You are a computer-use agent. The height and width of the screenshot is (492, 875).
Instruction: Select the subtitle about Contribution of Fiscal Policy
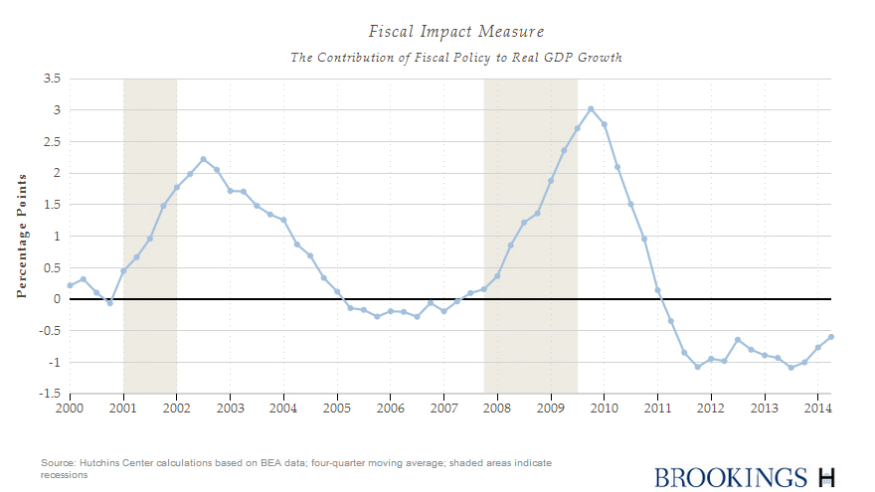(x=456, y=58)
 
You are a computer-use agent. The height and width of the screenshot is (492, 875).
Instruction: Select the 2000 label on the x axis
(x=70, y=409)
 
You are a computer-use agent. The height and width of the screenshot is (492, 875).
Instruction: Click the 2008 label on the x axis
(x=497, y=409)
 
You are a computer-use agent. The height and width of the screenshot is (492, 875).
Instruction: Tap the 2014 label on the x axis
(x=817, y=409)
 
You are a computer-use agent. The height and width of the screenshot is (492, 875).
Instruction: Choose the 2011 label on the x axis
(x=657, y=409)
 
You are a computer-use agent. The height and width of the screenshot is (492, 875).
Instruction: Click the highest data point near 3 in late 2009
(x=591, y=109)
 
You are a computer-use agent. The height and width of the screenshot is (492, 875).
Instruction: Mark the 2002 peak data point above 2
(x=203, y=159)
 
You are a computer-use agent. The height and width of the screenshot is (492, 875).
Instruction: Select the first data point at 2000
(x=70, y=285)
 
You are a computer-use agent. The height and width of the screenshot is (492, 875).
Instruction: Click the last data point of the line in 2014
(x=831, y=336)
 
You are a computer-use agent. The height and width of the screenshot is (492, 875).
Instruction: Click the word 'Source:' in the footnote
(x=59, y=464)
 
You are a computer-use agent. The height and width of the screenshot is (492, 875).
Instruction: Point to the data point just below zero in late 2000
(x=109, y=303)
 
